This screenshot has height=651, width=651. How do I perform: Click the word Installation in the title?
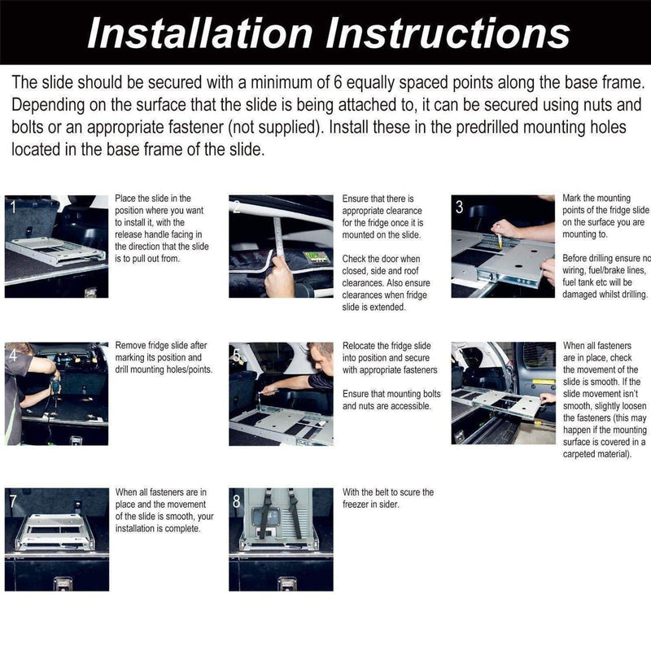point(199,33)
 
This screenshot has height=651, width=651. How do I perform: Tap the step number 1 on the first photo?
point(11,208)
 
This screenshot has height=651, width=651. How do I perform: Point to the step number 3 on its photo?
point(459,208)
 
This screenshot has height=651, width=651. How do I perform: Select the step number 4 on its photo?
point(11,354)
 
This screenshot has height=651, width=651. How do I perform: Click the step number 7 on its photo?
point(11,501)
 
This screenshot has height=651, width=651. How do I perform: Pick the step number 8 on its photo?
point(236,501)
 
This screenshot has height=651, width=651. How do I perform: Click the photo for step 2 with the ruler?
point(281,246)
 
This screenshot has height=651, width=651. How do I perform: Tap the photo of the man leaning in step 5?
point(281,393)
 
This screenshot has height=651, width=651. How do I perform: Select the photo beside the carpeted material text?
point(503,393)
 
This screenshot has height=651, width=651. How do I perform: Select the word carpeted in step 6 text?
point(583,453)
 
